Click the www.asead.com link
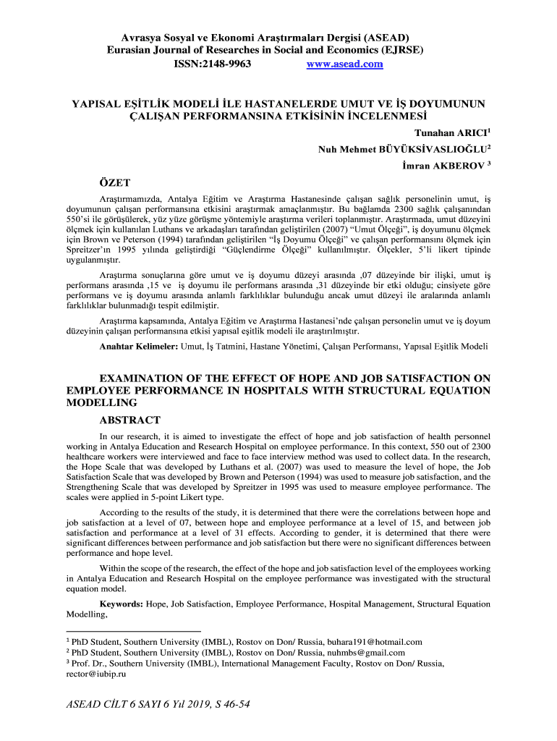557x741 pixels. pos(344,64)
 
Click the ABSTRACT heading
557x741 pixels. pos(129,420)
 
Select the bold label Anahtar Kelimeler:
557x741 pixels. pos(139,347)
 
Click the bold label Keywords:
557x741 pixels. pos(121,603)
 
